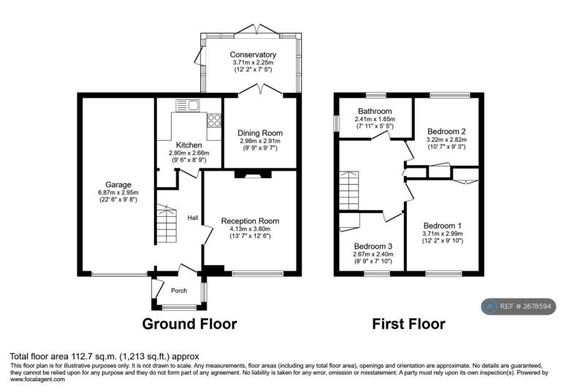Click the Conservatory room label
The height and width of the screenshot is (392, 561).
click(253, 55)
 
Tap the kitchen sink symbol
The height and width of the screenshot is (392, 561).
click(188, 105)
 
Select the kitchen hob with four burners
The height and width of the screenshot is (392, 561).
click(214, 120)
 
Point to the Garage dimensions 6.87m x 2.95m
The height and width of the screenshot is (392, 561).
click(118, 193)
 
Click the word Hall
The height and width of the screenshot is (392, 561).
click(193, 218)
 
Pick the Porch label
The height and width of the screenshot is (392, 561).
click(179, 291)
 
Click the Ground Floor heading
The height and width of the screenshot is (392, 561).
click(189, 324)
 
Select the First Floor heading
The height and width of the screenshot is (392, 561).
click(408, 324)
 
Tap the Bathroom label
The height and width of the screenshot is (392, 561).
click(375, 111)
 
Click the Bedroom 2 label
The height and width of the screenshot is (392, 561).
click(446, 131)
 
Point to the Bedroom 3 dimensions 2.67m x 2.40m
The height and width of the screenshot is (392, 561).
click(373, 254)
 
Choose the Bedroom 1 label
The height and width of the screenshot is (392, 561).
click(443, 226)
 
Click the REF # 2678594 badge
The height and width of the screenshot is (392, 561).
click(519, 307)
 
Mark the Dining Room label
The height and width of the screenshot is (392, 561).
click(260, 133)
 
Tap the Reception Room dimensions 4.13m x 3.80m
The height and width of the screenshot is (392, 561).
click(250, 229)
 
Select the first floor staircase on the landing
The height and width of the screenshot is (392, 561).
click(349, 191)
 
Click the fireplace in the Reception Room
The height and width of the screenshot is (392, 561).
click(253, 174)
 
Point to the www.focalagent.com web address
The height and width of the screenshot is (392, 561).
click(37, 380)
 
